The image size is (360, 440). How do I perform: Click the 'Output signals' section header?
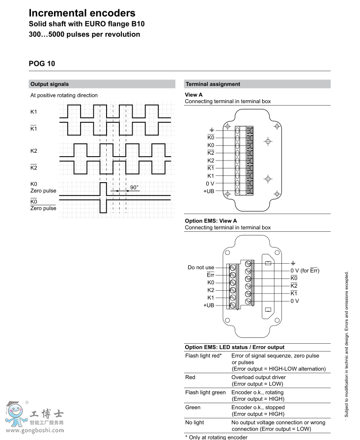click(x=50, y=84)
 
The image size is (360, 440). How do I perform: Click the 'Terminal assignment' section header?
click(x=213, y=84)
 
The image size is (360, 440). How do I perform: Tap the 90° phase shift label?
click(x=134, y=187)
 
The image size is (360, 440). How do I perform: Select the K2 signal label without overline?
click(x=34, y=150)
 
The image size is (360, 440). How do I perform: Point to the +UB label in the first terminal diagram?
click(x=209, y=191)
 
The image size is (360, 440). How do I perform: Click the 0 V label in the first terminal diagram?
click(x=210, y=183)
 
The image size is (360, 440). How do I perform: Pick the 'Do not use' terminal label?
click(x=201, y=268)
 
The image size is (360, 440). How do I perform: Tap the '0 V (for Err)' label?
click(x=305, y=271)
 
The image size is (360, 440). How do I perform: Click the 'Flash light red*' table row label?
click(x=203, y=356)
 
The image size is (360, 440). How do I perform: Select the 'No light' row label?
click(x=194, y=422)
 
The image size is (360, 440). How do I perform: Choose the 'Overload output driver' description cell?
click(x=258, y=377)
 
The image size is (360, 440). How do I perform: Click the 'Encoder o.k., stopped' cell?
click(x=257, y=408)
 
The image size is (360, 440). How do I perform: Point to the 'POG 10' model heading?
click(x=42, y=63)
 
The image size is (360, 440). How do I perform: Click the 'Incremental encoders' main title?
click(x=82, y=13)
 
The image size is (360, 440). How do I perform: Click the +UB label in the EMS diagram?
click(x=209, y=305)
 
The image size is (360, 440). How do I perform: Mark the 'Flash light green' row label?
click(x=205, y=392)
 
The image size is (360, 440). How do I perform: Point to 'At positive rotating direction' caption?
click(x=64, y=95)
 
